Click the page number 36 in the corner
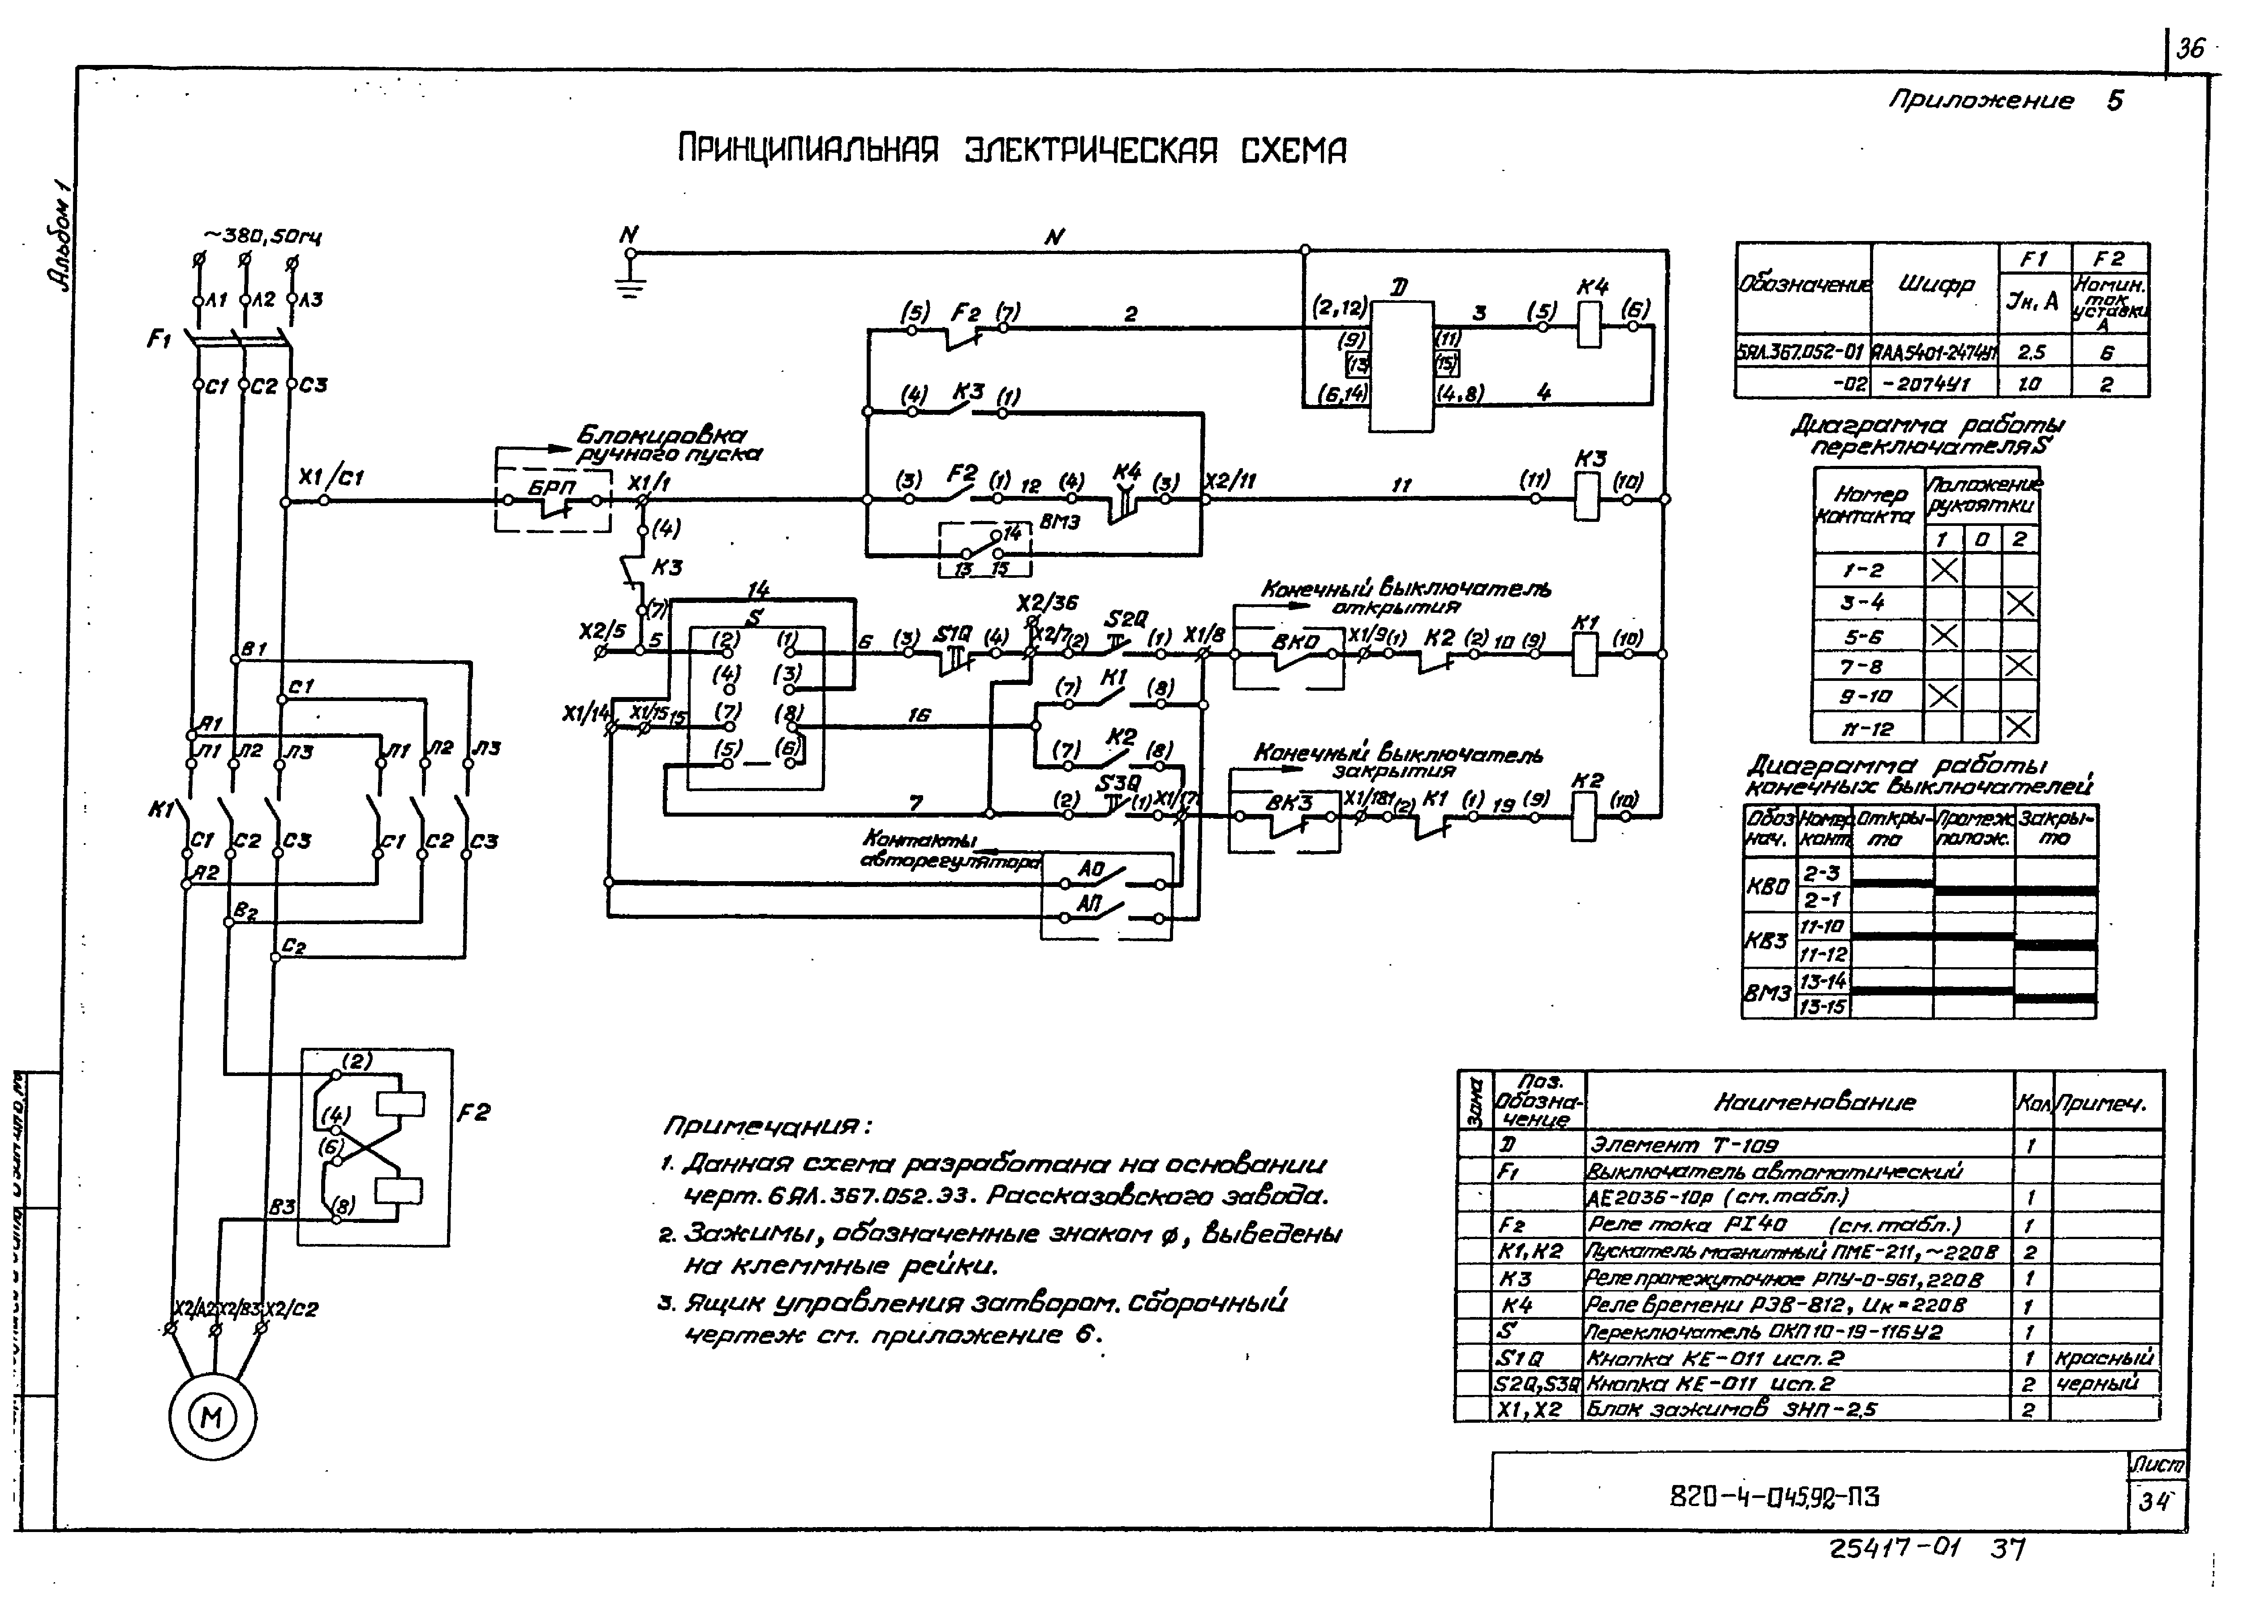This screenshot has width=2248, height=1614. click(2191, 47)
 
